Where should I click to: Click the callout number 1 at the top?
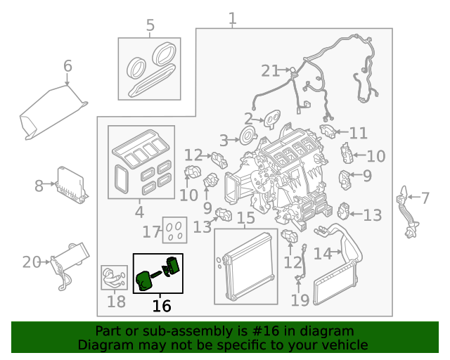[x=232, y=18]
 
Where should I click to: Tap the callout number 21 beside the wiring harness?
[x=270, y=70]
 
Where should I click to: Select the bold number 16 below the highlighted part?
[x=161, y=306]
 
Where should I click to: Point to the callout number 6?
[x=67, y=66]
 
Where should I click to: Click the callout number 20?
[x=31, y=262]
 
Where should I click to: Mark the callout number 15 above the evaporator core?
[x=245, y=218]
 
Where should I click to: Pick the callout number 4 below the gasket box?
[x=139, y=211]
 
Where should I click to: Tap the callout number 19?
[x=300, y=301]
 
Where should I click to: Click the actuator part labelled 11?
[x=328, y=131]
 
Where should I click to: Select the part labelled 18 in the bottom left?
[x=112, y=276]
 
